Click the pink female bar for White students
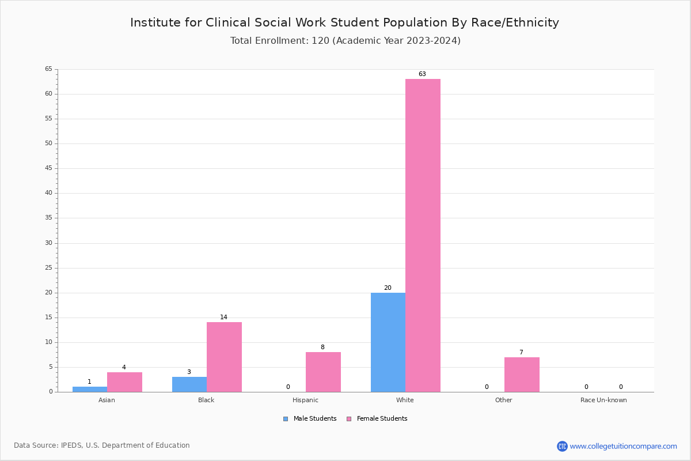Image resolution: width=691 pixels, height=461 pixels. [423, 235]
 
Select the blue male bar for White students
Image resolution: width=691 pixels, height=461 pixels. [388, 342]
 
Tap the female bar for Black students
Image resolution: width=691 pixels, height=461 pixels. [224, 357]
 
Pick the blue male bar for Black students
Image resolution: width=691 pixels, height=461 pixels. [189, 384]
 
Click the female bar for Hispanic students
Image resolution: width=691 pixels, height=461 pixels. [323, 372]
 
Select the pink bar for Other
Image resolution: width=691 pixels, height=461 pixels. [522, 375]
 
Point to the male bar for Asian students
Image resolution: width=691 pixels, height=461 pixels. [90, 389]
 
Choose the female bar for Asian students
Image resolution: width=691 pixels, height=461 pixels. [124, 382]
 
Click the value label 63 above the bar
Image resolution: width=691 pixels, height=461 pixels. [422, 74]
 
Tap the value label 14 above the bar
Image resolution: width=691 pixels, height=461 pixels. [223, 318]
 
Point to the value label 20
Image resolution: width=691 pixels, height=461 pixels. [388, 288]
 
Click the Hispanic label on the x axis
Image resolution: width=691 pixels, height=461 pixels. [305, 400]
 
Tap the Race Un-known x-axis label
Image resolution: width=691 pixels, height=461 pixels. [603, 400]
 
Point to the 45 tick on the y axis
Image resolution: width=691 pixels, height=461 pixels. [48, 168]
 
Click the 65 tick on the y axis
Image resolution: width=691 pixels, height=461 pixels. [48, 69]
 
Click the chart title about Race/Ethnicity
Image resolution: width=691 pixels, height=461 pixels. [344, 22]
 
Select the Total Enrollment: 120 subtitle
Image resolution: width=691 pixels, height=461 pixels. [345, 41]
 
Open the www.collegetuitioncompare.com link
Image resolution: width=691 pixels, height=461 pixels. [623, 446]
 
